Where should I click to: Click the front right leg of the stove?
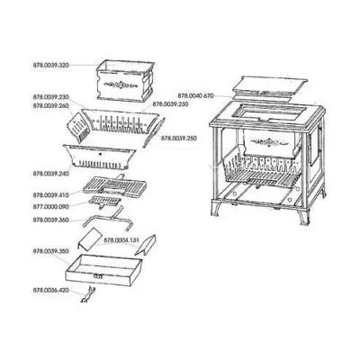[307, 236]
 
